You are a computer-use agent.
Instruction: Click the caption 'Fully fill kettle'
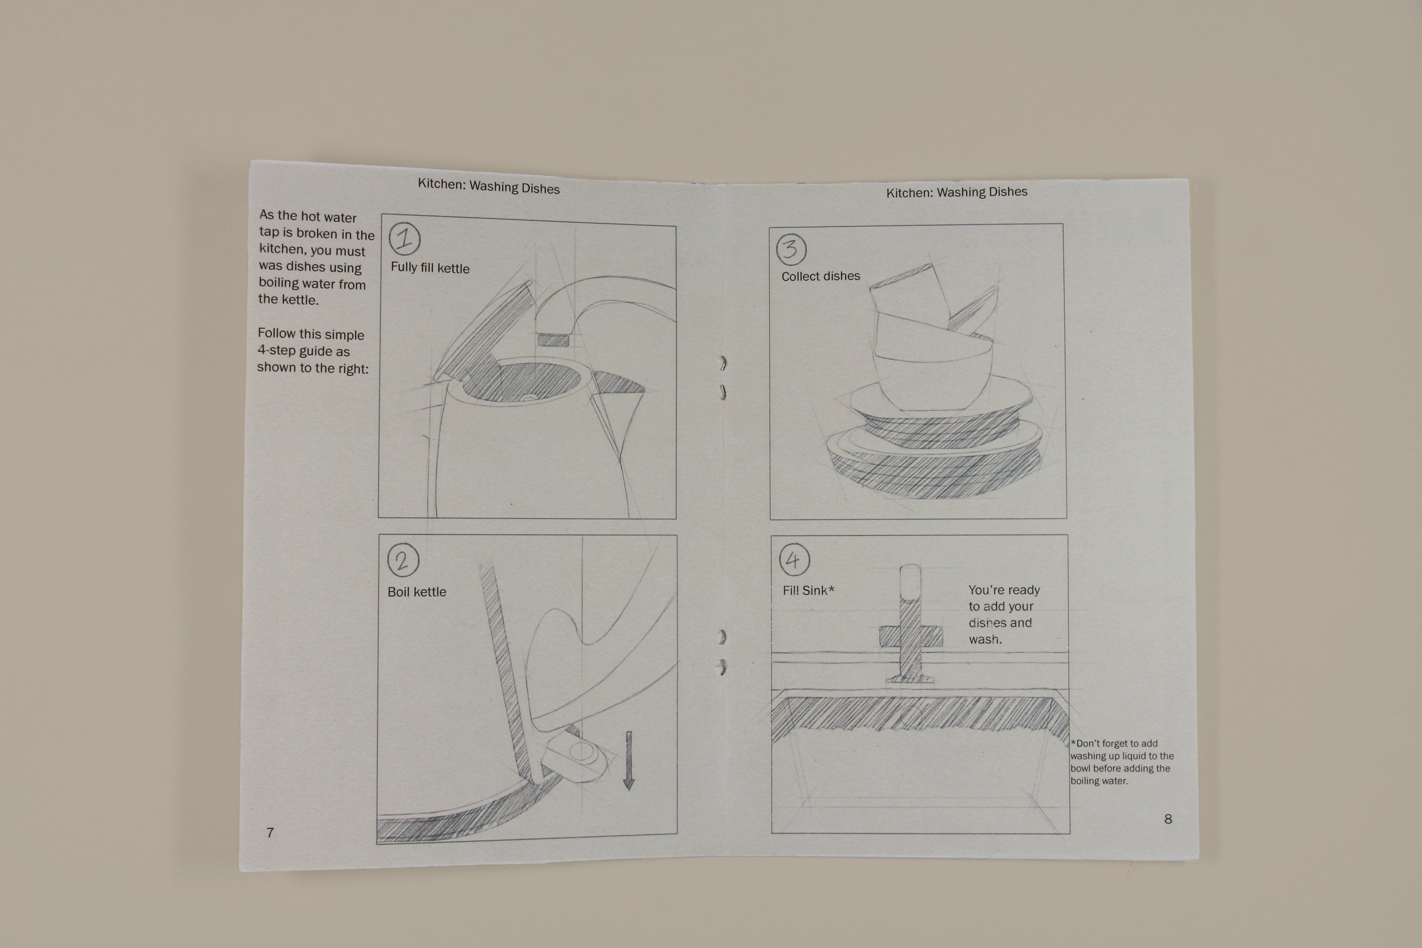[x=430, y=267]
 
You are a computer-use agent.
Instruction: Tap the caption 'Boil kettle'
[x=417, y=592]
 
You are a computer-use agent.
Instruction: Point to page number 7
[x=270, y=833]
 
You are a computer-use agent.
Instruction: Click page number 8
[x=1168, y=819]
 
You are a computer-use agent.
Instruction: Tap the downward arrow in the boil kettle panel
[x=629, y=761]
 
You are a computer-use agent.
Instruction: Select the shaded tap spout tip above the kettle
[x=553, y=340]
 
